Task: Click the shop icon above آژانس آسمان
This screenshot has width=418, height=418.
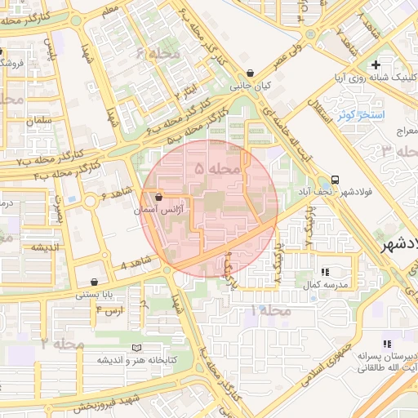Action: click(158, 198)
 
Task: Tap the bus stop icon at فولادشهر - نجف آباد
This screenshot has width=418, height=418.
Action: click(336, 180)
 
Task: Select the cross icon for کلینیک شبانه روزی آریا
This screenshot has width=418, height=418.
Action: click(376, 64)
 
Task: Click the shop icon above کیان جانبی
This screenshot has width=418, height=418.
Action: click(260, 73)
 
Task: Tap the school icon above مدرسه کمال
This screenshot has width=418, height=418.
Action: click(326, 272)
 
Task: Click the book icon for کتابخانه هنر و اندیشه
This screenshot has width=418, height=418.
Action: click(125, 349)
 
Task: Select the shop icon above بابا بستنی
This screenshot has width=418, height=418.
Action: click(96, 282)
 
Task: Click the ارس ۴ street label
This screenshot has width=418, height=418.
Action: click(110, 310)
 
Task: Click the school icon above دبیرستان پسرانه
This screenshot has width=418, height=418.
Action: click(386, 345)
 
